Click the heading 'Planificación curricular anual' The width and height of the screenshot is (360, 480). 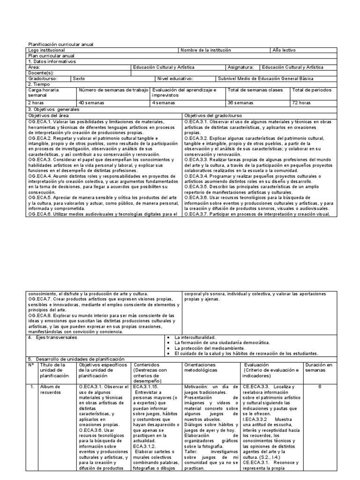tap(61, 45)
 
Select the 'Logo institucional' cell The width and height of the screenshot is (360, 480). tap(47, 50)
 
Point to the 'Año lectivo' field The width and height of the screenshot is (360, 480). tap(284, 50)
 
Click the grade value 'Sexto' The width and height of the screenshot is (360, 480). tap(85, 79)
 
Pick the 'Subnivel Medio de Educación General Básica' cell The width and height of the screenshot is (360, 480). tap(272, 79)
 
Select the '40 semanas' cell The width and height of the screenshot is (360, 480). tap(92, 102)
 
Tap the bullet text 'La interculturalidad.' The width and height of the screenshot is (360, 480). tap(195, 337)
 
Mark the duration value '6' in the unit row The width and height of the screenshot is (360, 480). tap(320, 387)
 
